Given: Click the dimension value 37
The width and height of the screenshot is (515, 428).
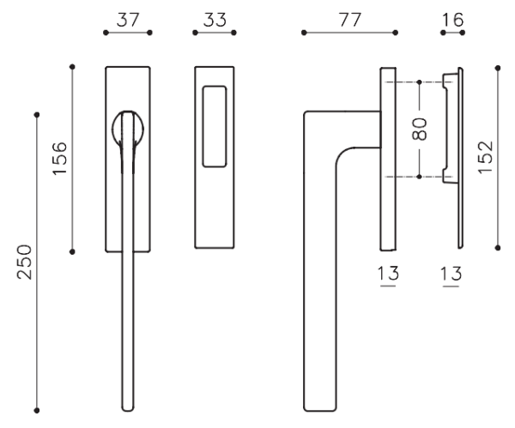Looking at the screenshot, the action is coord(128,20).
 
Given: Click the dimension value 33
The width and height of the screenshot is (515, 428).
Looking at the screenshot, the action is coord(215,20).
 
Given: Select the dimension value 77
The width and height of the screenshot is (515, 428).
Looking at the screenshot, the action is coord(350,20).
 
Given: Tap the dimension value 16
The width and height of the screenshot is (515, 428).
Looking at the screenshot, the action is coord(453,20).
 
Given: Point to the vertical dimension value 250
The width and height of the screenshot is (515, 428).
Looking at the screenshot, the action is coord(25,262).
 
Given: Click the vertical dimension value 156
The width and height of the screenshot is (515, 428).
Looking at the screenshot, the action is coord(60,159).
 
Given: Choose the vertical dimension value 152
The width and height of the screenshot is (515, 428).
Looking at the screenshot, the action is coord(486,157).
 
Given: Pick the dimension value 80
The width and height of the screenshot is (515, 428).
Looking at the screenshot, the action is coord(420,129).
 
